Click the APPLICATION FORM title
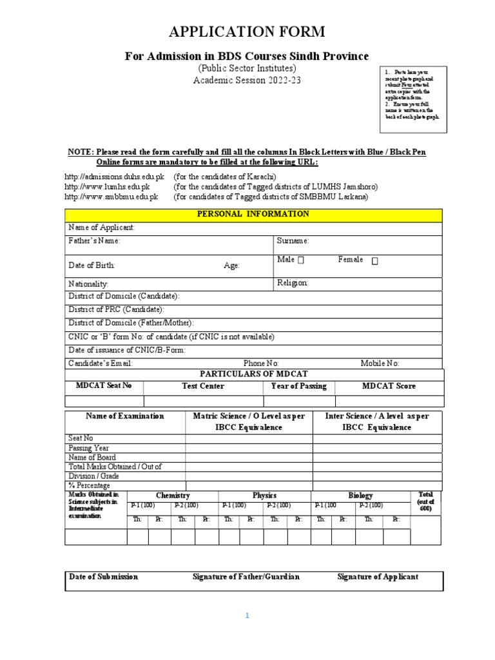247,32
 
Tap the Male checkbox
301,260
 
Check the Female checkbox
374,261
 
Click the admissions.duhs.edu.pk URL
115,177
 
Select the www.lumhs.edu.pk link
111,186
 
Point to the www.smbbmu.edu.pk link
112,197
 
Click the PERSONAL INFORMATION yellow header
253,214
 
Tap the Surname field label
293,241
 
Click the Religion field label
293,283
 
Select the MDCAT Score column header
389,386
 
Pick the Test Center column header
203,386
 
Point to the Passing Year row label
89,448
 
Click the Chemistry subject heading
173,496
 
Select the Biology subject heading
360,496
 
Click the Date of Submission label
104,577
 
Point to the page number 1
246,616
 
